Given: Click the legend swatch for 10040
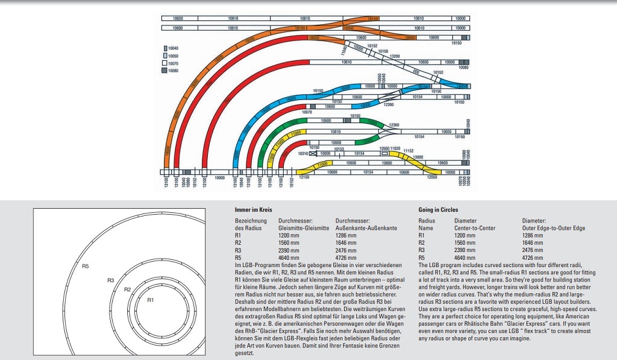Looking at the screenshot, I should pos(164,48).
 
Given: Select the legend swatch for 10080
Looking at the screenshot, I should pos(164,71).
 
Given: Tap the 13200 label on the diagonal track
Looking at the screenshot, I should pos(395,56).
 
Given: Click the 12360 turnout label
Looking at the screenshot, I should pos(394,125).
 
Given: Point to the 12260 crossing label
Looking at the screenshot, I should pos(388,104).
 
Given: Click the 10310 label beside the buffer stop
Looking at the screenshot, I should pos(302,154).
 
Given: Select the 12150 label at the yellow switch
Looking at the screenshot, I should pos(304,177).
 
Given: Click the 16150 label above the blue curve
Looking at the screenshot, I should pos(318,90).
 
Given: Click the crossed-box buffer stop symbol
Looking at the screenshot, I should pos(313,154).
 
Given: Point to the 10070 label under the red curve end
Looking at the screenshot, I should pos(307,112).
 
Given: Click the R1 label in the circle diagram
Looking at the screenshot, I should pos(151,299).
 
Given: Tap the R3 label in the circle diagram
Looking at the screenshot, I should pos(110,280).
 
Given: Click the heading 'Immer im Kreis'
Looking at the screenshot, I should pos(252,209).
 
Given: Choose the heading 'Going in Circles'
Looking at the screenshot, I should pos(437,209).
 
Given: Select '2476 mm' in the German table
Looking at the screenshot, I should pos(346,250).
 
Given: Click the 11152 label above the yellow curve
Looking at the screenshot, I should pos(409,150).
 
